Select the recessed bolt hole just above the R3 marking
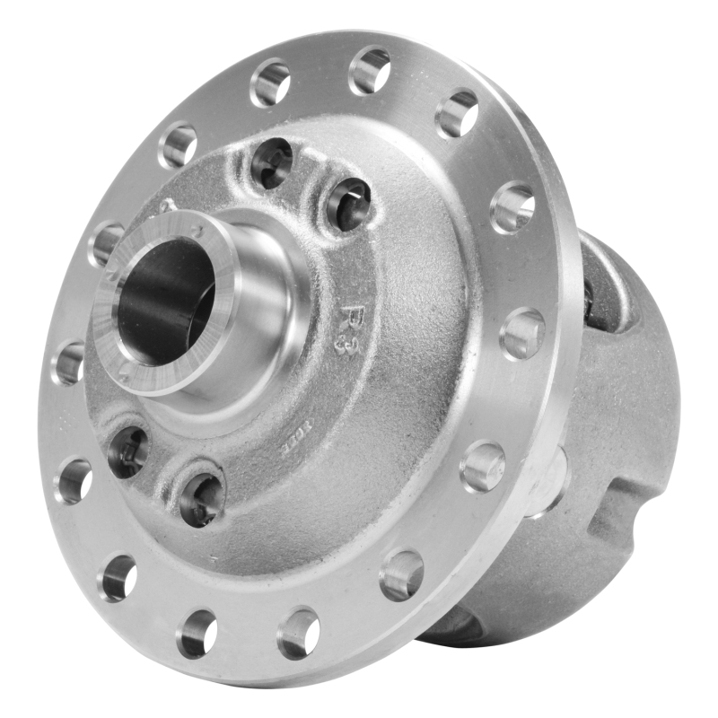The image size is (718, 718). (x=348, y=205)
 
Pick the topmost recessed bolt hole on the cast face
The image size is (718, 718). (x=271, y=162)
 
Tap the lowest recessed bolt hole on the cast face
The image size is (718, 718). (x=201, y=497)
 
